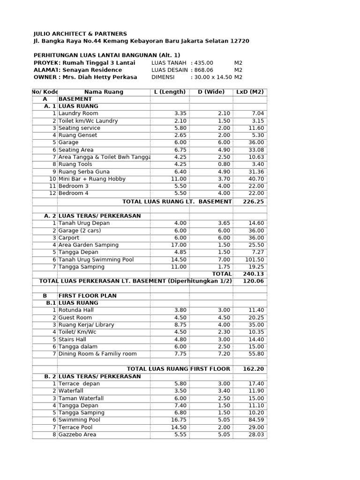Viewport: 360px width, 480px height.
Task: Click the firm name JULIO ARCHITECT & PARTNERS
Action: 80,34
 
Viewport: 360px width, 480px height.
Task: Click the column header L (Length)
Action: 170,92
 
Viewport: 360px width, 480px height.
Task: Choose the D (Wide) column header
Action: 211,92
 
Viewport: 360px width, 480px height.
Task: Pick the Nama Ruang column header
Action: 104,92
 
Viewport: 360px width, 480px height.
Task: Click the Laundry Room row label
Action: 78,113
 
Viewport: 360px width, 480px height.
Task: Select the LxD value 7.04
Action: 258,113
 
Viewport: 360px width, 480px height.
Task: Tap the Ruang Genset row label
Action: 78,135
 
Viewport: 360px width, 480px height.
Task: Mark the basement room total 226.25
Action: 253,202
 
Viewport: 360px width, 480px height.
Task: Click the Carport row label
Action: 69,238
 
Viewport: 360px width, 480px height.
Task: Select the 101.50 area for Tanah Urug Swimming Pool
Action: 255,259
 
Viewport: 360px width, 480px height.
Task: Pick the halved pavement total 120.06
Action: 253,281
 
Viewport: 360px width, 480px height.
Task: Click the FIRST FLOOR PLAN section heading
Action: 87,296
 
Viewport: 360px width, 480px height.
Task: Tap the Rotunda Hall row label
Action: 76,310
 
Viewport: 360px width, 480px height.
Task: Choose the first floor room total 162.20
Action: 253,369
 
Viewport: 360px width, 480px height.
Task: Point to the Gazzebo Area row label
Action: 77,435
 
